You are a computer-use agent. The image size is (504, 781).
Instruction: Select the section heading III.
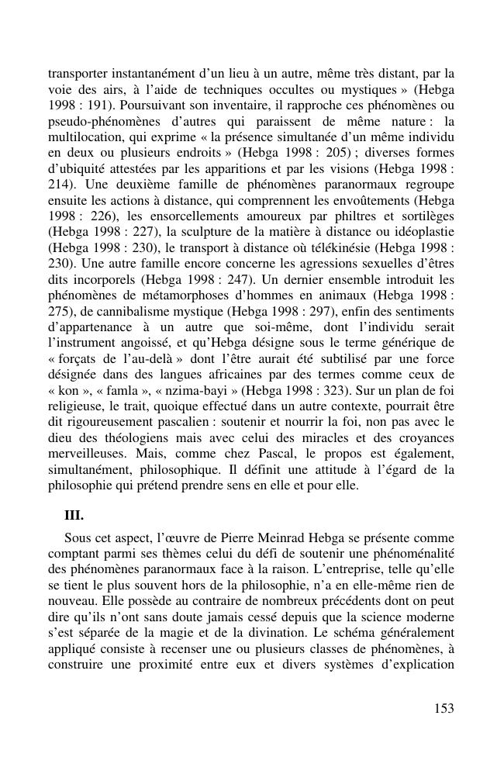pyautogui.click(x=74, y=515)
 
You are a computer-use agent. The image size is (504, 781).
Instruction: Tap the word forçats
pyautogui.click(x=83, y=358)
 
